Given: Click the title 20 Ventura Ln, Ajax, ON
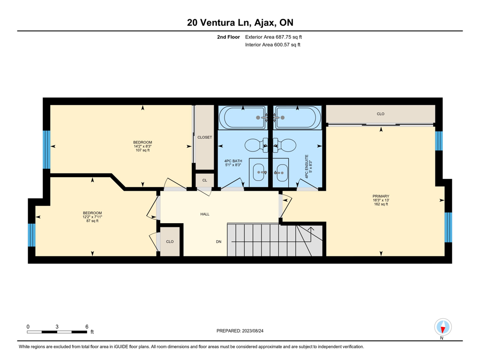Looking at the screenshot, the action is [x=240, y=22].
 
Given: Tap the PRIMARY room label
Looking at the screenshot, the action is [x=381, y=196].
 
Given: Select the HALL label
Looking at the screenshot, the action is [x=205, y=214].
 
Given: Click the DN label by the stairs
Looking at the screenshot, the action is [x=218, y=241].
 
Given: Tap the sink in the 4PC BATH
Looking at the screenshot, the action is [x=259, y=172].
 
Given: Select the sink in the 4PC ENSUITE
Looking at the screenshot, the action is [x=282, y=172].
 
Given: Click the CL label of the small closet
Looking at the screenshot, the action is [x=204, y=180].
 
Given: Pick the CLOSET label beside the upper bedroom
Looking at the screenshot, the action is [x=204, y=137].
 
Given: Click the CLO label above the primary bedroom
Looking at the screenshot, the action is [x=381, y=114].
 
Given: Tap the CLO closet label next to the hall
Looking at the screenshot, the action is [x=170, y=241].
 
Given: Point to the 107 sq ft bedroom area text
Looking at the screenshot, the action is [x=142, y=150].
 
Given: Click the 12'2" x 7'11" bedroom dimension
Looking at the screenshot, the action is [x=92, y=217].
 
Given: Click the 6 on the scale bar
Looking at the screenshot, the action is [x=87, y=327].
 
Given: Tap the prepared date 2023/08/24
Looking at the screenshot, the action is [x=253, y=331].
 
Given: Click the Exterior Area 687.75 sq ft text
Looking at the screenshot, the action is [x=273, y=37].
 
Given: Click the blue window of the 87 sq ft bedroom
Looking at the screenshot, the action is [x=32, y=235].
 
